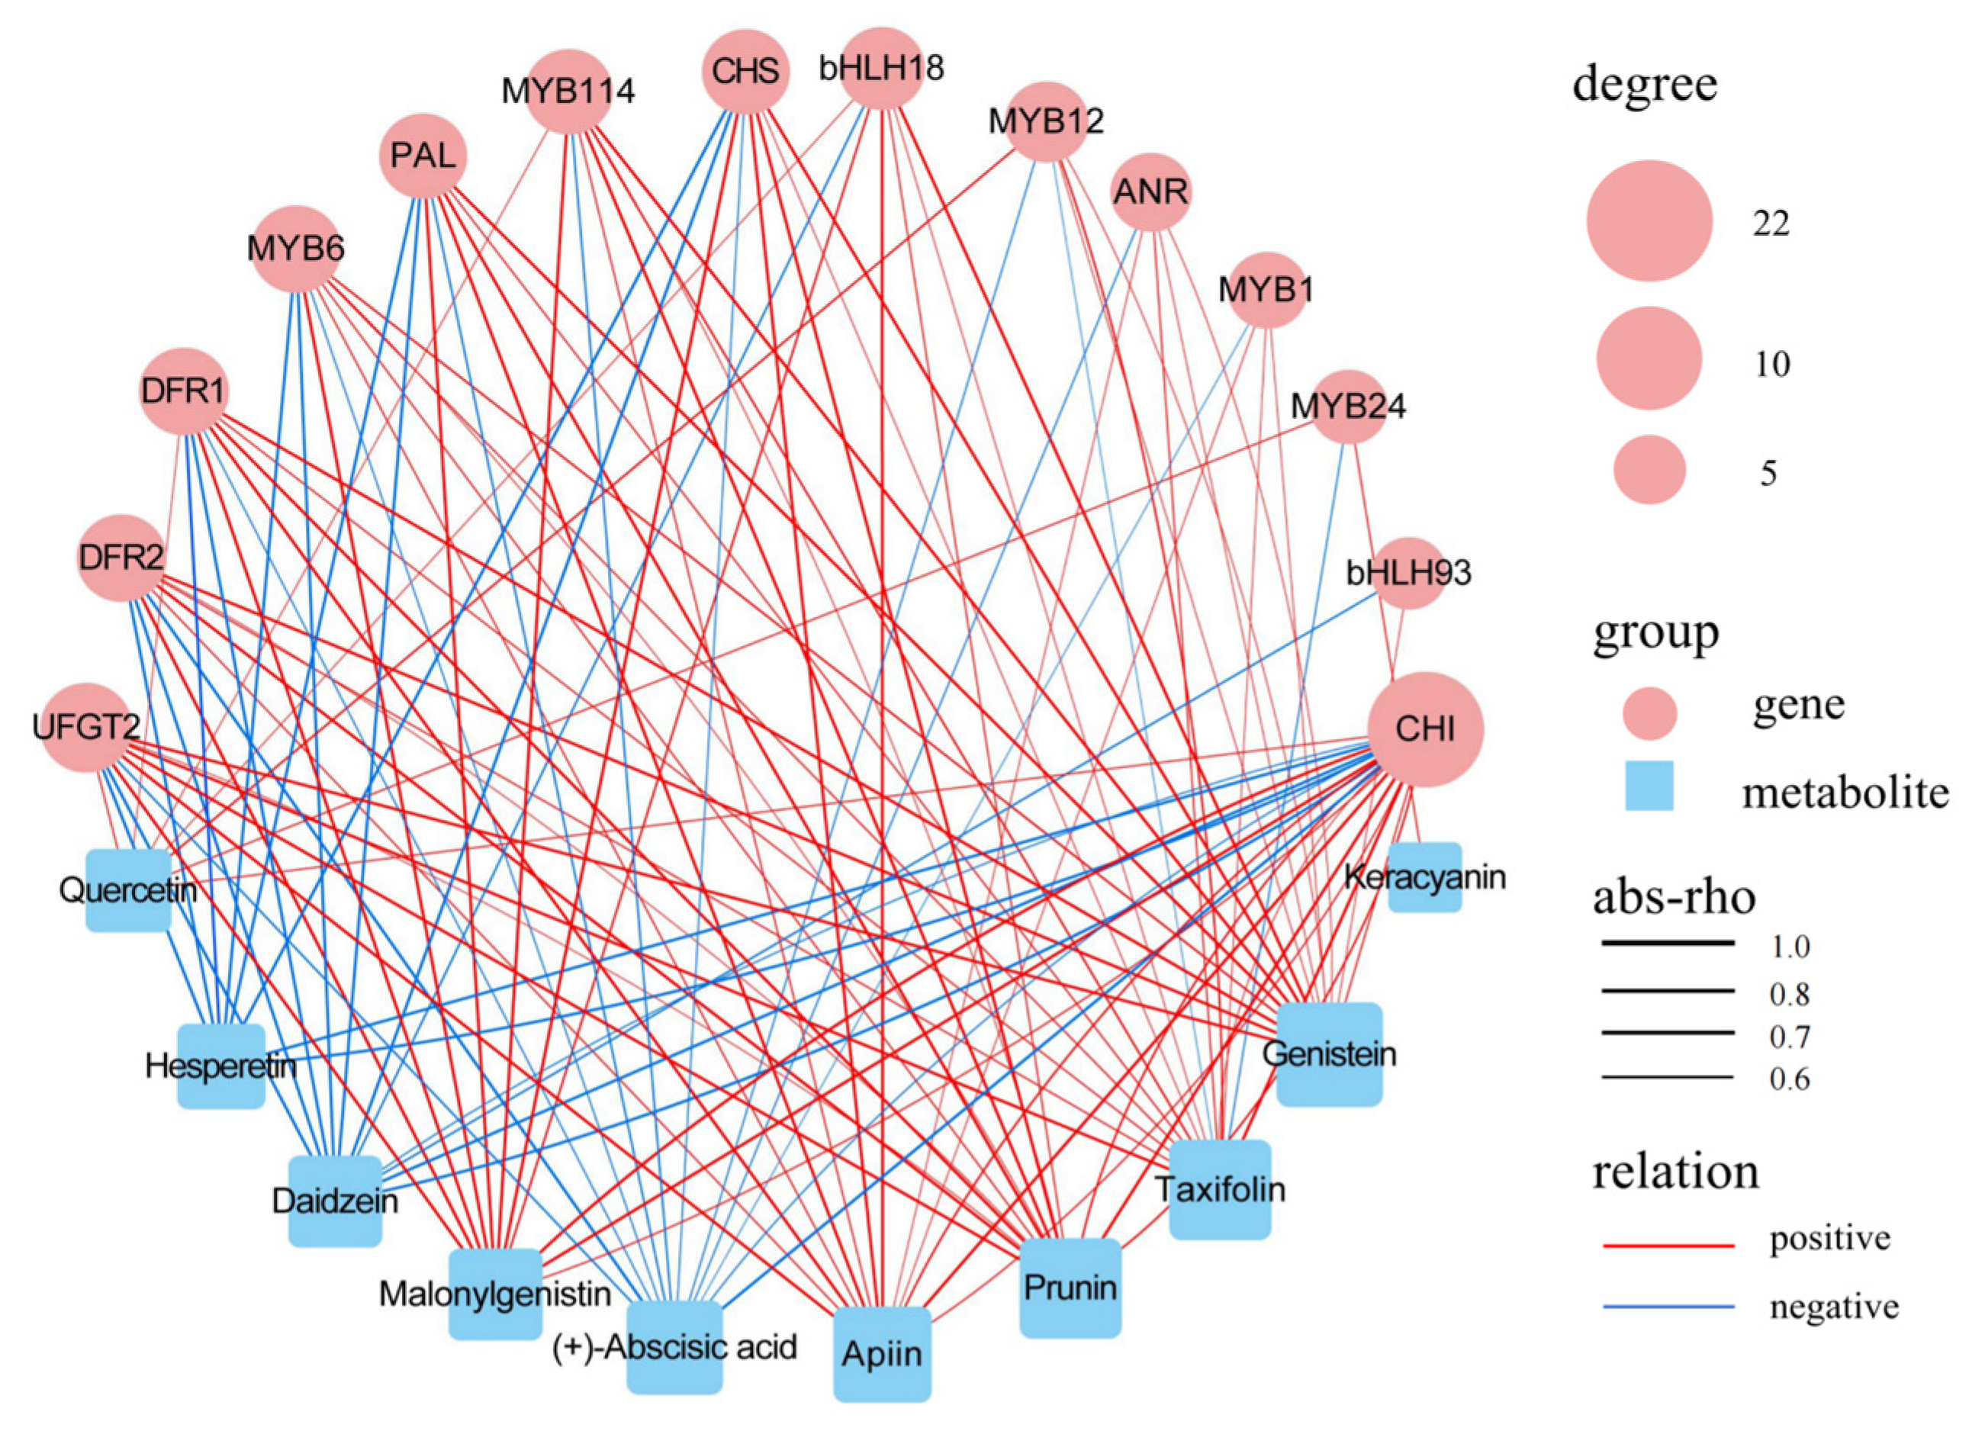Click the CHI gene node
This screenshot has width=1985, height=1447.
tap(1425, 728)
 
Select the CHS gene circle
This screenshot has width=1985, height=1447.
tap(745, 72)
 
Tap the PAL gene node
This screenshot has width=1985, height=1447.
tap(423, 156)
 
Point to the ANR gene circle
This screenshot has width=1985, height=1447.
tap(1150, 191)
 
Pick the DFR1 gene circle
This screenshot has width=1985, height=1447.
tap(184, 391)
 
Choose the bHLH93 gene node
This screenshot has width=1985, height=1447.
tap(1408, 573)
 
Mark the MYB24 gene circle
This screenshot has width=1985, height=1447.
tap(1348, 407)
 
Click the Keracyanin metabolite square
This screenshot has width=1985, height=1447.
tap(1424, 878)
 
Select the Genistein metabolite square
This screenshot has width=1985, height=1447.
tap(1329, 1053)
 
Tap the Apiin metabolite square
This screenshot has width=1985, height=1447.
tap(881, 1354)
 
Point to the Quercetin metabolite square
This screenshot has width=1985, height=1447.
tap(128, 890)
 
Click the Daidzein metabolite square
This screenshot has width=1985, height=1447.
tap(336, 1201)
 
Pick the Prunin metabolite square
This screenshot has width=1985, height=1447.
tap(1070, 1288)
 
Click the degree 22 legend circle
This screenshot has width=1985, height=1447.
tap(1649, 220)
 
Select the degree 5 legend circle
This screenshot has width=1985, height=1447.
tap(1649, 471)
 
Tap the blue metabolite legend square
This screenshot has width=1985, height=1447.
tap(1649, 786)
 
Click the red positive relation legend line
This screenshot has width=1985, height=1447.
tap(1668, 1245)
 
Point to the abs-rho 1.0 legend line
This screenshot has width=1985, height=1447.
tap(1668, 944)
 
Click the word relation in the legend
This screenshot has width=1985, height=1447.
tap(1675, 1172)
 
